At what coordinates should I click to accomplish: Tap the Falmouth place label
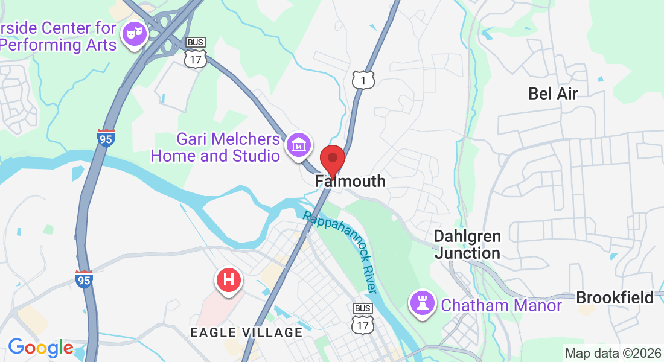(350, 181)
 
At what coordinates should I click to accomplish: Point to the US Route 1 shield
(363, 80)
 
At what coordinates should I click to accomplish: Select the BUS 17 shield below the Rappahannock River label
(363, 319)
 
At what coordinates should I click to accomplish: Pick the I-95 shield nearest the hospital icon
(84, 279)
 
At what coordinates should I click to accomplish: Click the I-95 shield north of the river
(106, 139)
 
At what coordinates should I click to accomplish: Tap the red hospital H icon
(229, 280)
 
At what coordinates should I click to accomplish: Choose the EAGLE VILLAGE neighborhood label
(246, 332)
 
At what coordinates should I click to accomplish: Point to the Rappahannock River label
(342, 253)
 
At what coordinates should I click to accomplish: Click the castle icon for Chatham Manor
(423, 302)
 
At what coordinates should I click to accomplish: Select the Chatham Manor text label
(502, 305)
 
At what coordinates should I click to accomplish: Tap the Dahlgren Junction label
(467, 244)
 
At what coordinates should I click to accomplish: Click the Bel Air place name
(553, 94)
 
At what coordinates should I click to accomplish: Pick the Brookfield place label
(615, 297)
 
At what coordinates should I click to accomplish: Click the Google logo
(40, 348)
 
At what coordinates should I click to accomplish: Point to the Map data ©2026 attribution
(612, 353)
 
